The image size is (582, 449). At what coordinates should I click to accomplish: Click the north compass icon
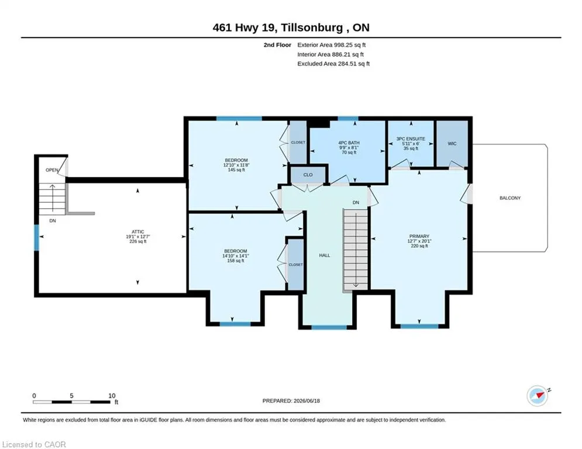(x=538, y=396)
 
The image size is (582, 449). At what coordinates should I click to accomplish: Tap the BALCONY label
(x=509, y=198)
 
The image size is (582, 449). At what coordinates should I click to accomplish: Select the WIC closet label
(x=452, y=144)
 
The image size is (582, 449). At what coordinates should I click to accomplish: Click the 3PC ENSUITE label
(x=411, y=139)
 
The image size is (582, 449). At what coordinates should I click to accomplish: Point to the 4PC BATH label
(x=349, y=143)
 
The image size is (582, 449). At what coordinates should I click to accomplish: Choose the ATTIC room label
(x=137, y=232)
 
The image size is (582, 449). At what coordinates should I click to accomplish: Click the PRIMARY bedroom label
(x=419, y=236)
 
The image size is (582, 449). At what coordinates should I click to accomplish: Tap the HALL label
(x=325, y=255)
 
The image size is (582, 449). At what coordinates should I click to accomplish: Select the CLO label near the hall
(x=308, y=175)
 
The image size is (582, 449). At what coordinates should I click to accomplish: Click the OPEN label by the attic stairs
(x=51, y=170)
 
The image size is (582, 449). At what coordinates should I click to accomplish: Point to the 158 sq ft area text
(x=235, y=261)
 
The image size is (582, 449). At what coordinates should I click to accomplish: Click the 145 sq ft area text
(x=236, y=170)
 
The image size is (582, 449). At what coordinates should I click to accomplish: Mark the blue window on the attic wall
(x=36, y=238)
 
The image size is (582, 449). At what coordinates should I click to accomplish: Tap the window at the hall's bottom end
(x=329, y=327)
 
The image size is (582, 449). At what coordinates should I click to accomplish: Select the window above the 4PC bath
(x=348, y=119)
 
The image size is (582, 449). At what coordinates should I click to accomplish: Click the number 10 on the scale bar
(x=112, y=396)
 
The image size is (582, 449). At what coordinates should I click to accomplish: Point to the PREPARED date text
(x=291, y=400)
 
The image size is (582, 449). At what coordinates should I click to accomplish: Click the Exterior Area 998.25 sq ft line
(x=332, y=45)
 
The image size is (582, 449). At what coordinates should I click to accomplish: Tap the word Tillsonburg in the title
(x=312, y=27)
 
